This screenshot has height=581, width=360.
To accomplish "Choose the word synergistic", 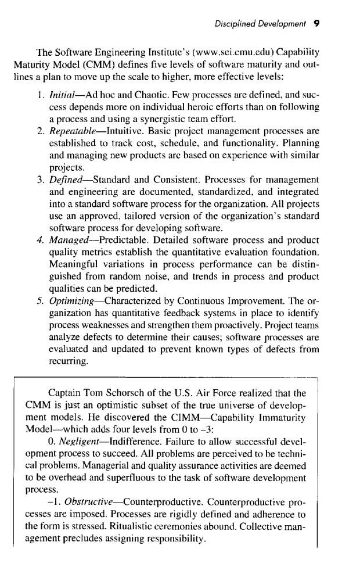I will (134, 121).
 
